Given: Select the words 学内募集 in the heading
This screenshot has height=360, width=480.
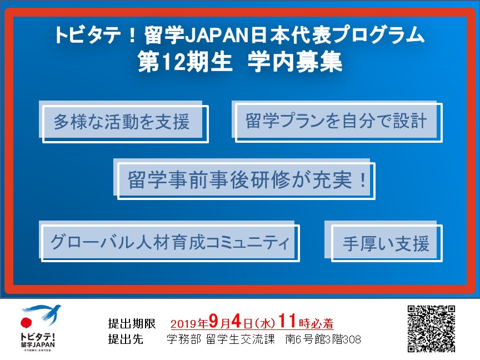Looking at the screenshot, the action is [x=295, y=62].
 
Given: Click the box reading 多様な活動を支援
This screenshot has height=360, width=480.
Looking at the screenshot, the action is [x=124, y=122].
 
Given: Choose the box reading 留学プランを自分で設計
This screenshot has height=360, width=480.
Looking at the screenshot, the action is [x=337, y=121].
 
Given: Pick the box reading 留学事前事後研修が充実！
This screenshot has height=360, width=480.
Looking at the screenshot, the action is [x=244, y=179].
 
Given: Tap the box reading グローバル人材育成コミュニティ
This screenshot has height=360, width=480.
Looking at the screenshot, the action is [x=169, y=241].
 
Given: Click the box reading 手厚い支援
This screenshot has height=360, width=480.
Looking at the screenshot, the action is [x=383, y=241].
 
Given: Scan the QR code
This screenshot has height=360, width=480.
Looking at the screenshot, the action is [x=431, y=328].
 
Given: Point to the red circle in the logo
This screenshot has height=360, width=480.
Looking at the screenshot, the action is [x=26, y=323].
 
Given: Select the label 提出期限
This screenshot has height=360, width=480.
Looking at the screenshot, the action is [x=132, y=323].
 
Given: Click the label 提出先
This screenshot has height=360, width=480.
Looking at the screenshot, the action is [x=126, y=339].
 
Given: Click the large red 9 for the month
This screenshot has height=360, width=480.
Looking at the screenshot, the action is [x=214, y=321].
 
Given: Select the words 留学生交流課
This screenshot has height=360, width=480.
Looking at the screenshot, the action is [x=241, y=339].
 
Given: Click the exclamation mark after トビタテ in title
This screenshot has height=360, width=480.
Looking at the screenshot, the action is [x=132, y=36].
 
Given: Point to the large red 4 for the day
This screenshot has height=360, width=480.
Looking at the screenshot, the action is [x=236, y=321].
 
